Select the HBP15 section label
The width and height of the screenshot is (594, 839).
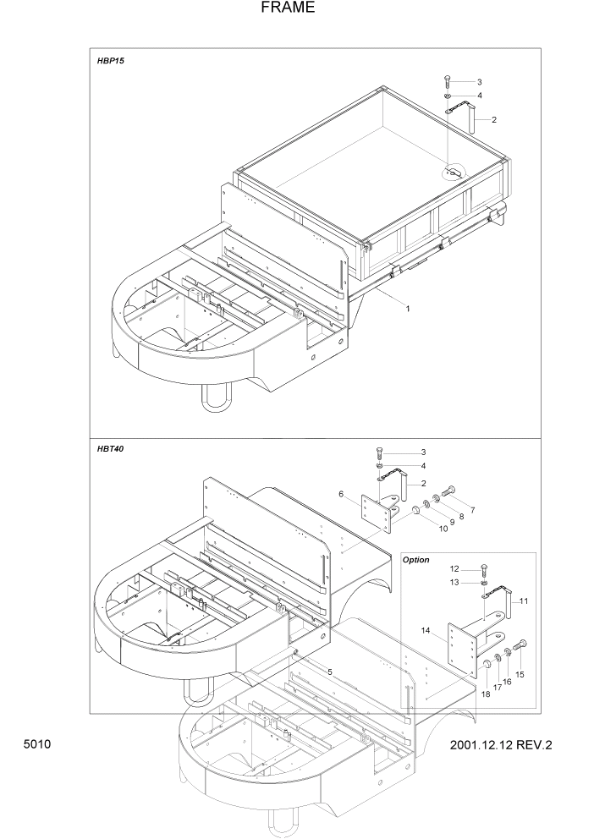(x=111, y=62)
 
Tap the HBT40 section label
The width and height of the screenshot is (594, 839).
(x=111, y=448)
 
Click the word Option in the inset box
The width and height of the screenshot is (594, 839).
(x=415, y=560)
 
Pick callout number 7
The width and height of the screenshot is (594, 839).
(x=472, y=510)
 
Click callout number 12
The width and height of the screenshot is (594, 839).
(x=454, y=568)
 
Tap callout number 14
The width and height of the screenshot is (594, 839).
(x=426, y=630)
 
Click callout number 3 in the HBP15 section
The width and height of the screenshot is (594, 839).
(x=479, y=82)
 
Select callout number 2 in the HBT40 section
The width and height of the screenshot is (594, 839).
(x=422, y=483)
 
